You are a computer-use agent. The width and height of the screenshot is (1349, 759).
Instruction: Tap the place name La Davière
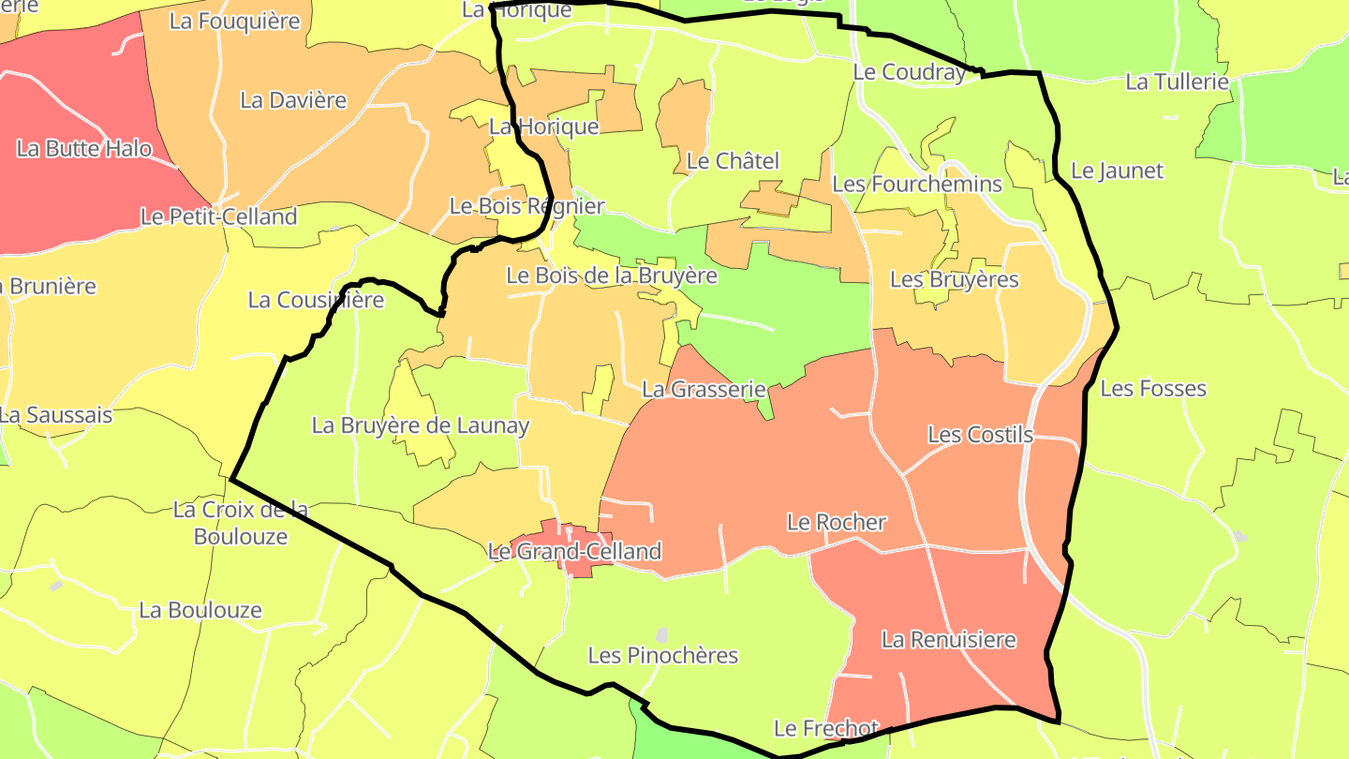[293, 100]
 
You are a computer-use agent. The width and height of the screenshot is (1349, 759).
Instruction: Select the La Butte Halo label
[84, 148]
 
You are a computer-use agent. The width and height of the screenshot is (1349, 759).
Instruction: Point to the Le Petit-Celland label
[218, 216]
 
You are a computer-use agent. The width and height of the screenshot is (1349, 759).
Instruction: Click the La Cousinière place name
[316, 300]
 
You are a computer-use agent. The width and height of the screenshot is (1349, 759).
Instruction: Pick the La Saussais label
[55, 414]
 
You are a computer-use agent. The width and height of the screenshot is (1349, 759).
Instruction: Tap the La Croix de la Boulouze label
[241, 523]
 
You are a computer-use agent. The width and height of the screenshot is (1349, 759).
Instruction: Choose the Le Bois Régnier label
[527, 206]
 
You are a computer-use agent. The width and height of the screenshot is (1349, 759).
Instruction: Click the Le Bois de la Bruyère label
[611, 275]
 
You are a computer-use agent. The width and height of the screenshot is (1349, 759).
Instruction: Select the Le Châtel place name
[733, 161]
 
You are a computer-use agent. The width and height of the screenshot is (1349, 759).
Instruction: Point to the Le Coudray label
[909, 72]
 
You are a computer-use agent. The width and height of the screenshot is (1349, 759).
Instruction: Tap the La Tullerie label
[1177, 82]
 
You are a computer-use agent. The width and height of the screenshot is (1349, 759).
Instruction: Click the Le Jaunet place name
[1117, 171]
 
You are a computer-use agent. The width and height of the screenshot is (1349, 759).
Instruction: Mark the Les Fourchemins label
[917, 184]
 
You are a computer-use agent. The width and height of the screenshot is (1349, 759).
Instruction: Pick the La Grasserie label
[704, 389]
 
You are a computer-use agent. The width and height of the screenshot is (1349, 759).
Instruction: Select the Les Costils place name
[980, 435]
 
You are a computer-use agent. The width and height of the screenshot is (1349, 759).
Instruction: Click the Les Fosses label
[1152, 388]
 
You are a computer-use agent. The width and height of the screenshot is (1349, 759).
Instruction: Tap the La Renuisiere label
[948, 640]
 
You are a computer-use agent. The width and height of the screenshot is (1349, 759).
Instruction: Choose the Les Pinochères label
[662, 655]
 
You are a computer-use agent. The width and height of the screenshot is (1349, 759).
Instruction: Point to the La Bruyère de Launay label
[421, 425]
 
